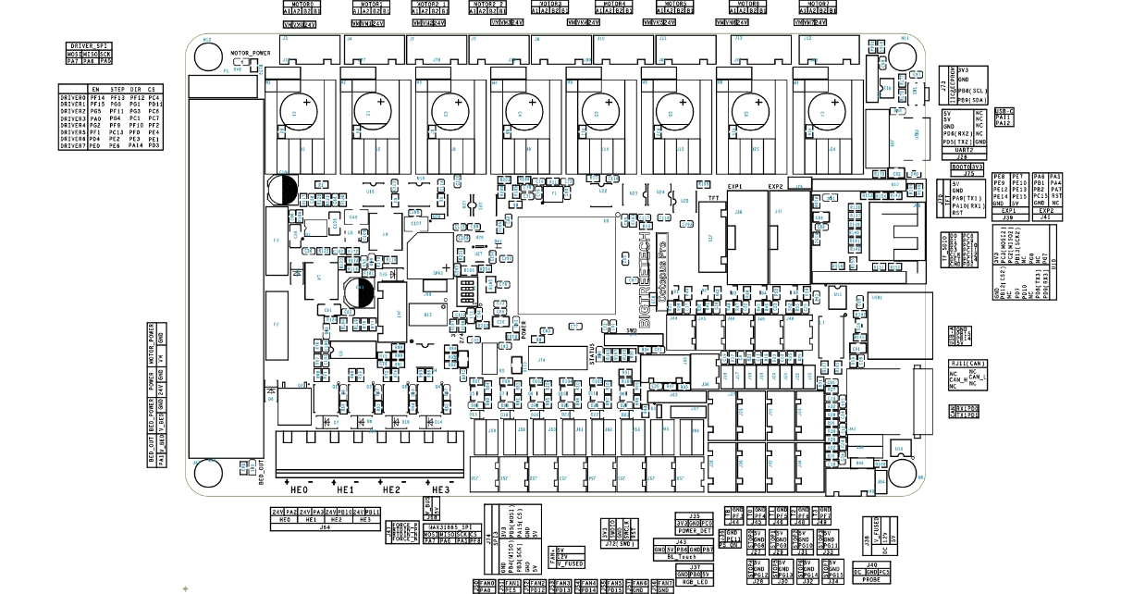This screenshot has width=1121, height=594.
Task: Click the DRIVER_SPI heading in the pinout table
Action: click(x=90, y=45)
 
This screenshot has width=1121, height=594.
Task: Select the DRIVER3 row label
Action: click(x=73, y=119)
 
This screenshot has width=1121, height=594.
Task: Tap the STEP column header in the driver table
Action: click(x=116, y=89)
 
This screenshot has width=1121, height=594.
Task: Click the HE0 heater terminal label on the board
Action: click(x=297, y=489)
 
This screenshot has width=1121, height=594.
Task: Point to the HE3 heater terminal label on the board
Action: click(x=438, y=489)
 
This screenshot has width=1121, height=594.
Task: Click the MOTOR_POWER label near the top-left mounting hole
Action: click(x=250, y=54)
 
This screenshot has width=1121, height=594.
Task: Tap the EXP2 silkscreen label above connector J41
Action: click(x=777, y=187)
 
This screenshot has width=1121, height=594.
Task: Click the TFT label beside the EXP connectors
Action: click(x=712, y=197)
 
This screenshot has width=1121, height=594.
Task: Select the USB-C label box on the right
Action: click(x=1004, y=111)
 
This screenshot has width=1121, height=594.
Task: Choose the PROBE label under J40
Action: click(x=871, y=580)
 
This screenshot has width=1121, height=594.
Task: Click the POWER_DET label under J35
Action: click(x=694, y=531)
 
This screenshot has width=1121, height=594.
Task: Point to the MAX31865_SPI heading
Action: click(x=453, y=526)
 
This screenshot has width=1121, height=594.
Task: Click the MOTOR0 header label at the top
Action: click(x=299, y=4)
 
